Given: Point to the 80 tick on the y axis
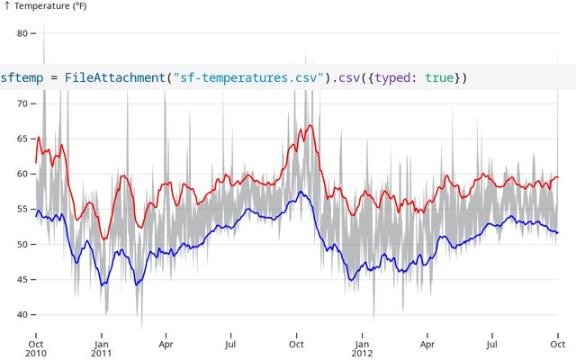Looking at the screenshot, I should pyautogui.click(x=24, y=33).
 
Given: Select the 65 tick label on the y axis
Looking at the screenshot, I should pyautogui.click(x=24, y=139).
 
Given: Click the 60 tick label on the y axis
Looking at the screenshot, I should pyautogui.click(x=24, y=174).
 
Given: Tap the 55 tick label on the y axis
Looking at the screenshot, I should pyautogui.click(x=24, y=209).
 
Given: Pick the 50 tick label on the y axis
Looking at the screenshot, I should pyautogui.click(x=24, y=244).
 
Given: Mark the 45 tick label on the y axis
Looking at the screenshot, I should pyautogui.click(x=24, y=279).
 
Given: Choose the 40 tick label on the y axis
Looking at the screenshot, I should pyautogui.click(x=24, y=314).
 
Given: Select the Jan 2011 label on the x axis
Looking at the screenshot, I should pyautogui.click(x=102, y=347).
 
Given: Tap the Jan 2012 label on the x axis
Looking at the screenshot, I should pyautogui.click(x=362, y=347).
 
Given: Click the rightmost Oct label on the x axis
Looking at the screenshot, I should pyautogui.click(x=557, y=343).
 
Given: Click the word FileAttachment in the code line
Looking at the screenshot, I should pyautogui.click(x=113, y=78).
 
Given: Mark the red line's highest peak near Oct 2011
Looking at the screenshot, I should pyautogui.click(x=310, y=125).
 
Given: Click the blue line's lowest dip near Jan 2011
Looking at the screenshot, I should pyautogui.click(x=103, y=284).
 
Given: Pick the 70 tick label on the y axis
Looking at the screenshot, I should pyautogui.click(x=24, y=103).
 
